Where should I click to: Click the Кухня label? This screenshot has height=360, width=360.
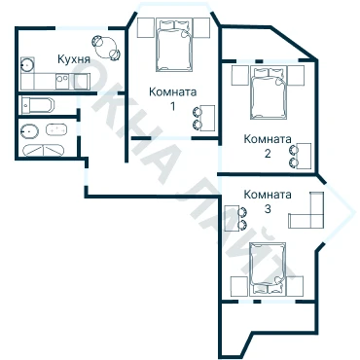pos(73,59)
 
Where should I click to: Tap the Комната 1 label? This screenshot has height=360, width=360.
pos(173,98)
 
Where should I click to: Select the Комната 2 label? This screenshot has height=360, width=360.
pos(268,146)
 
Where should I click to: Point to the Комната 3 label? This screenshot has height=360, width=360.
pos(268,201)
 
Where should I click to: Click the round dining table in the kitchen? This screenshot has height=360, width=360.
pos(107,48)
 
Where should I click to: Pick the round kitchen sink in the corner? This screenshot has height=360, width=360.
pos(27,64)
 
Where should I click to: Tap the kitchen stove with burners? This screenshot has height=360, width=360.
pos(61,82)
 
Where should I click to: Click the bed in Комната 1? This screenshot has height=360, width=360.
pos(174,45)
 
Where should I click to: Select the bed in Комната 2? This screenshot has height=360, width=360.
pos(269,92)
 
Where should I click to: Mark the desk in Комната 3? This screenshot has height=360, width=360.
pos(233,218)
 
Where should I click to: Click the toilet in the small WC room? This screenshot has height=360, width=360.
pos(37,105)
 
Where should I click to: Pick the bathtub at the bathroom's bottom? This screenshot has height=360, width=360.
pos(44,150)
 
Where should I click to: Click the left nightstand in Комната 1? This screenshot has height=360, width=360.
pos(146,28)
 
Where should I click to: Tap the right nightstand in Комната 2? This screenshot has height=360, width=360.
pos(296,76)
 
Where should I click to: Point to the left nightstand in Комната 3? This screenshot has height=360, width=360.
pos(239,286)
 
